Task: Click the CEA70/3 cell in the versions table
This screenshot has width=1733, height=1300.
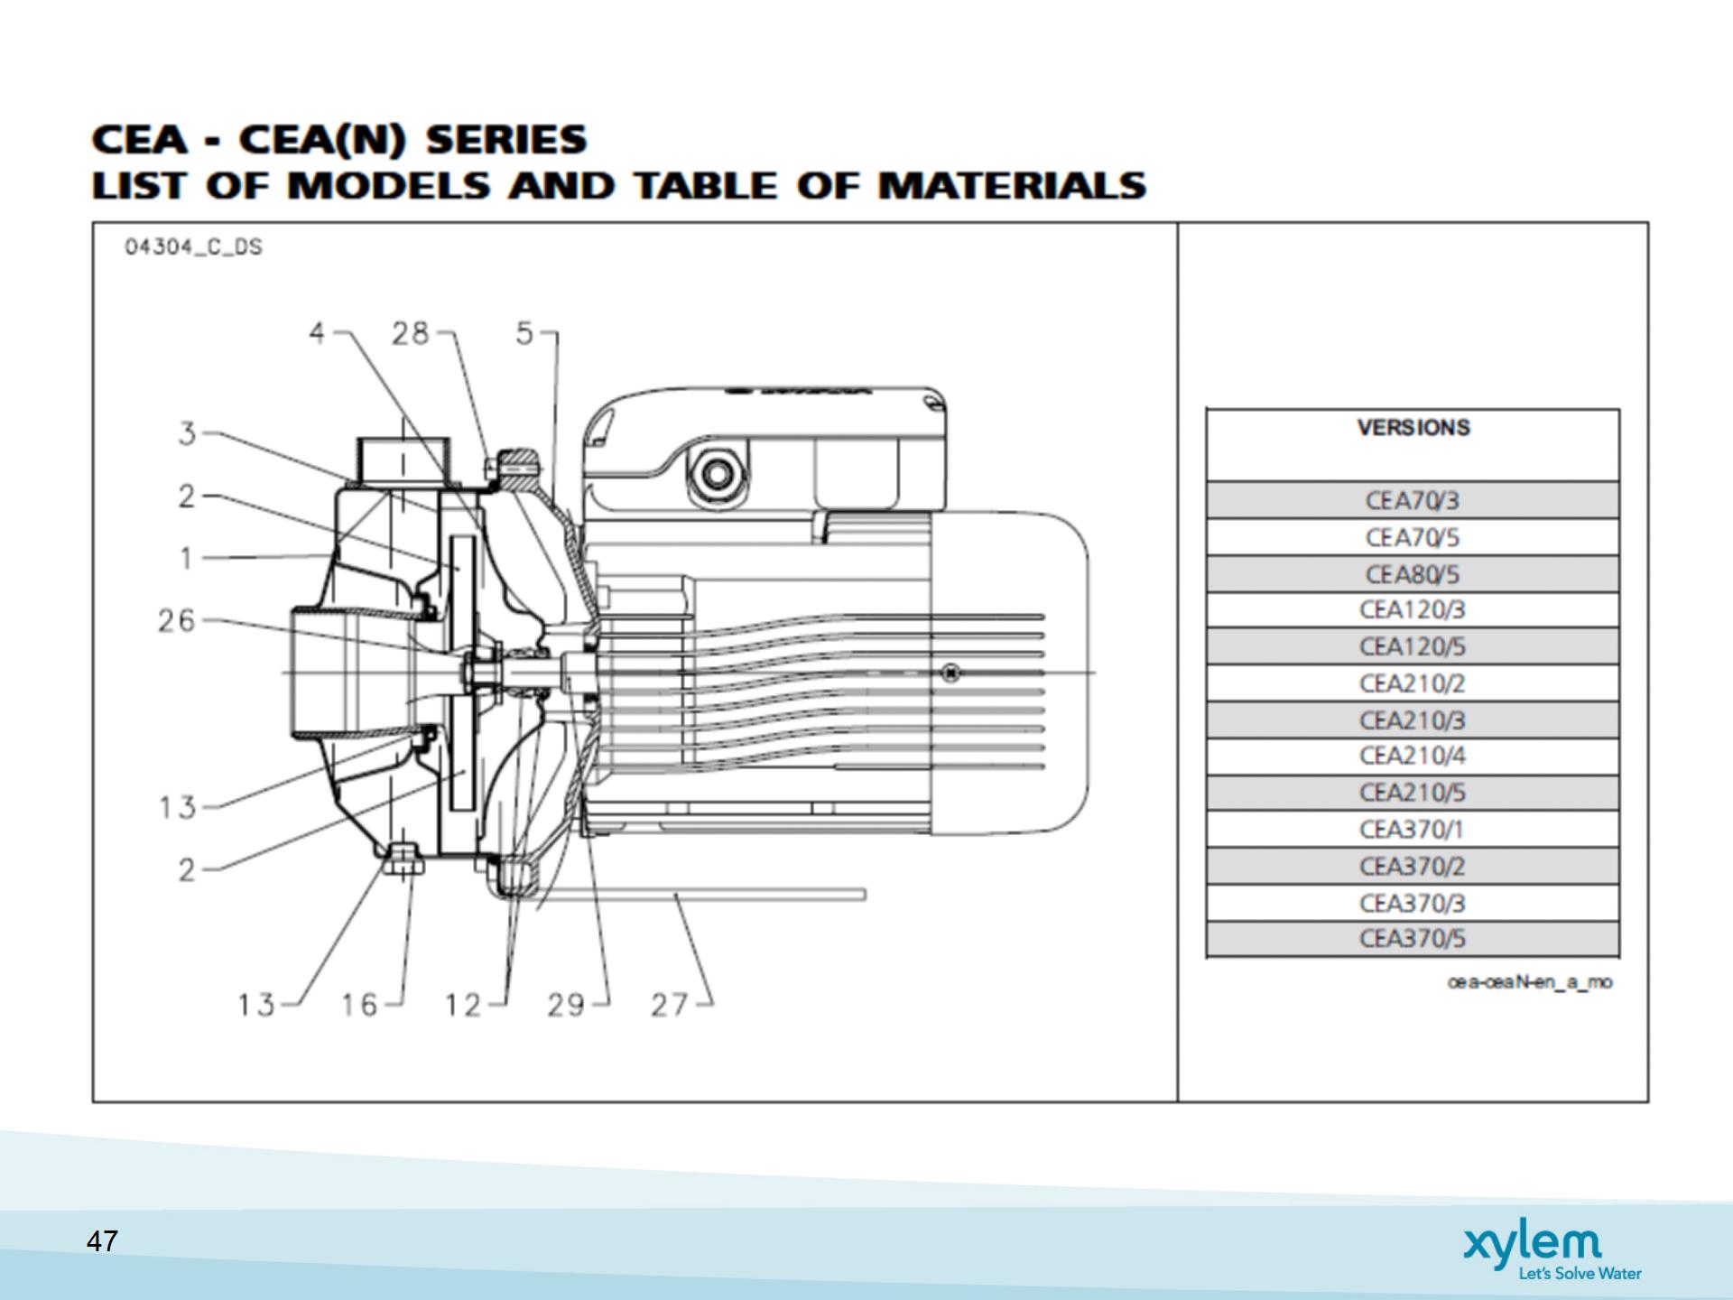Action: (x=1412, y=500)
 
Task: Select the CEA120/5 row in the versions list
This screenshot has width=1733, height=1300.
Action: (x=1412, y=646)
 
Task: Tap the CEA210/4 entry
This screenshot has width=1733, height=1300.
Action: (x=1412, y=756)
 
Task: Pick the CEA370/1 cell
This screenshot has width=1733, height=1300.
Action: (x=1412, y=829)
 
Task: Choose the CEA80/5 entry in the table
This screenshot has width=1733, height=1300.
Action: (x=1412, y=574)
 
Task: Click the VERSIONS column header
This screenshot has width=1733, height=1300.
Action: (x=1413, y=428)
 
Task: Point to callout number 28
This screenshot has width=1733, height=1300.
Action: (x=410, y=334)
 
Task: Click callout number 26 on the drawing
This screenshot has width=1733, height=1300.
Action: (x=177, y=621)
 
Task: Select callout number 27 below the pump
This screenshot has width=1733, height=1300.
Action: (x=670, y=1005)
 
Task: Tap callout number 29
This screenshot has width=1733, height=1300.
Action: (x=566, y=1005)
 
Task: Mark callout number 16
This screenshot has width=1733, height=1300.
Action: (x=359, y=1005)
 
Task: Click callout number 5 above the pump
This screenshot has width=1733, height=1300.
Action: (x=525, y=334)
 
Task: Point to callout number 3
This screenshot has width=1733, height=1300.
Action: (x=187, y=434)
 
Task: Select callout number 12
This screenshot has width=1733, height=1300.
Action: (x=463, y=1005)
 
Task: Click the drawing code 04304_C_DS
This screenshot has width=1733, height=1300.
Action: (x=193, y=247)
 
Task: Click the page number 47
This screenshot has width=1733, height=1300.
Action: (x=102, y=1241)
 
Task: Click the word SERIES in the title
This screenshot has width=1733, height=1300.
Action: (x=506, y=140)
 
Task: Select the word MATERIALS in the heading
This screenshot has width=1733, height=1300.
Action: (x=1012, y=186)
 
